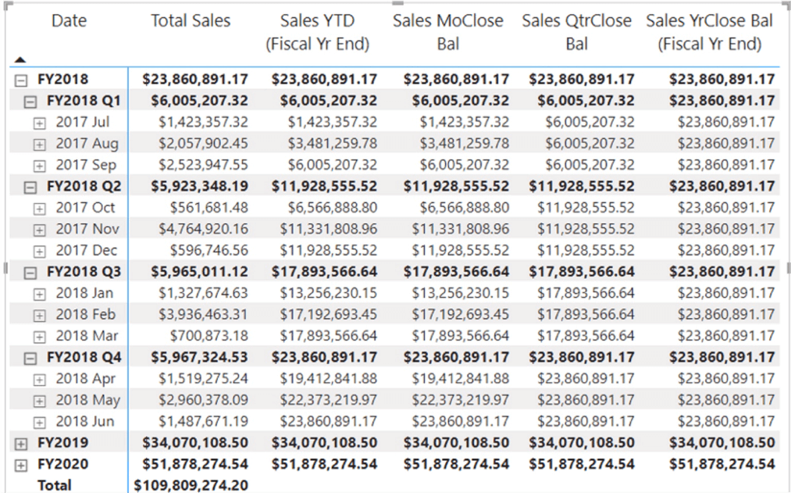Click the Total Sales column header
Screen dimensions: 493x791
tap(191, 21)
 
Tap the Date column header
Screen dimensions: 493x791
tap(69, 21)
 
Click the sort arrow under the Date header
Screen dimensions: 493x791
tap(20, 59)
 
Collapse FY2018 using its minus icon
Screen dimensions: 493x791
tap(20, 80)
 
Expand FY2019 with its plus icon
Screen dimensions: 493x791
tap(20, 443)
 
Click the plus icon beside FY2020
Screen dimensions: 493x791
tap(20, 464)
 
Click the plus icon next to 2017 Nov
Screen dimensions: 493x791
tap(40, 230)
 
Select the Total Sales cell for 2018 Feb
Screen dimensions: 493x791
tap(202, 315)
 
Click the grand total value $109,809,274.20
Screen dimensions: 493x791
tap(191, 485)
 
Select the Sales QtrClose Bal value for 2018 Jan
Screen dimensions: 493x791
tap(586, 293)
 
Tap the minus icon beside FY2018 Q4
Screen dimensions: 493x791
tap(30, 358)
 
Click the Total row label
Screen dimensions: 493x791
tap(54, 485)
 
